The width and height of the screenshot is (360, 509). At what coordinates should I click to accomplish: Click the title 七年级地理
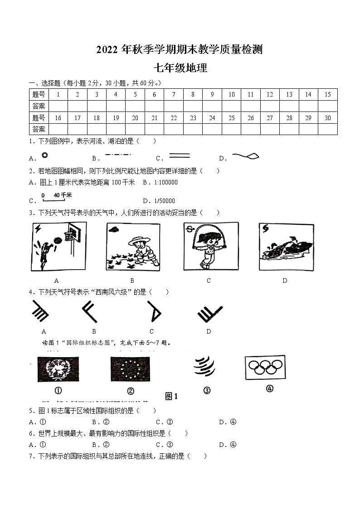click(x=180, y=68)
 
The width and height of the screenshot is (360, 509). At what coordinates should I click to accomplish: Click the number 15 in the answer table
click(x=327, y=94)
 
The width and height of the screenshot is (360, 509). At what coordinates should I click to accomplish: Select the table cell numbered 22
click(x=174, y=118)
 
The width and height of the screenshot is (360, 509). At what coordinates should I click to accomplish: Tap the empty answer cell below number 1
click(x=58, y=106)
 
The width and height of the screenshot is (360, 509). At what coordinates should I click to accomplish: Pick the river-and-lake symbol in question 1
click(x=245, y=156)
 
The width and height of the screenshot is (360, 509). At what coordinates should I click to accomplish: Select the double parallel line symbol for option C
click(x=179, y=156)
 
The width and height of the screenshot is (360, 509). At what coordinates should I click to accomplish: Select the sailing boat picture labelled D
click(x=286, y=247)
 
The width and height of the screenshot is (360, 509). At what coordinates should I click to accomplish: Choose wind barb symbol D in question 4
click(x=209, y=313)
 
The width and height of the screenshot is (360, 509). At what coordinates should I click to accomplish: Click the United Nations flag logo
click(x=58, y=369)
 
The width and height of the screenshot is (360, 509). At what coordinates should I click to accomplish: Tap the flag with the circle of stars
click(x=130, y=369)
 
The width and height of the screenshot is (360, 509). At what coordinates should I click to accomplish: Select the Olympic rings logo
click(x=265, y=367)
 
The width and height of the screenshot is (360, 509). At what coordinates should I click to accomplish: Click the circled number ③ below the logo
click(x=207, y=391)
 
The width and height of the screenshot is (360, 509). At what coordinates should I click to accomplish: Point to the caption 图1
click(x=171, y=396)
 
